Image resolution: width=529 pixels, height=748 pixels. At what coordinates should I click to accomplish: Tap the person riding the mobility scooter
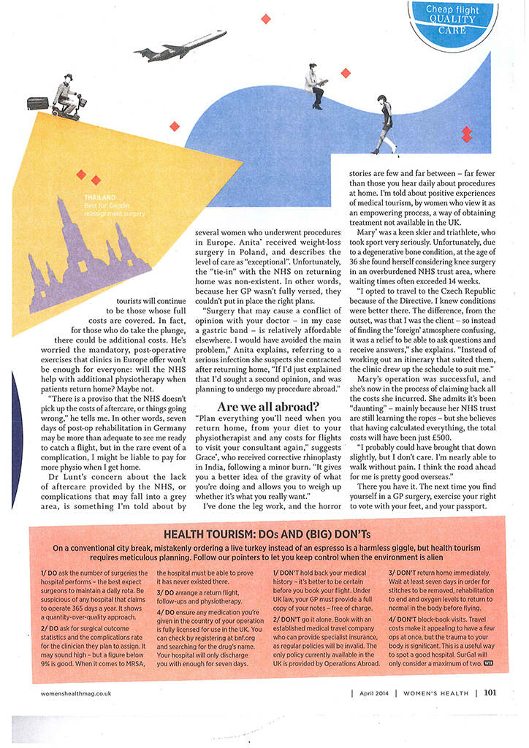tap(64, 95)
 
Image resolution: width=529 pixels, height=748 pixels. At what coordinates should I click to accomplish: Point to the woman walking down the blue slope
tap(384, 126)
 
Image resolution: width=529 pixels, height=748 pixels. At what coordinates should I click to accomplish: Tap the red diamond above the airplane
tap(266, 18)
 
